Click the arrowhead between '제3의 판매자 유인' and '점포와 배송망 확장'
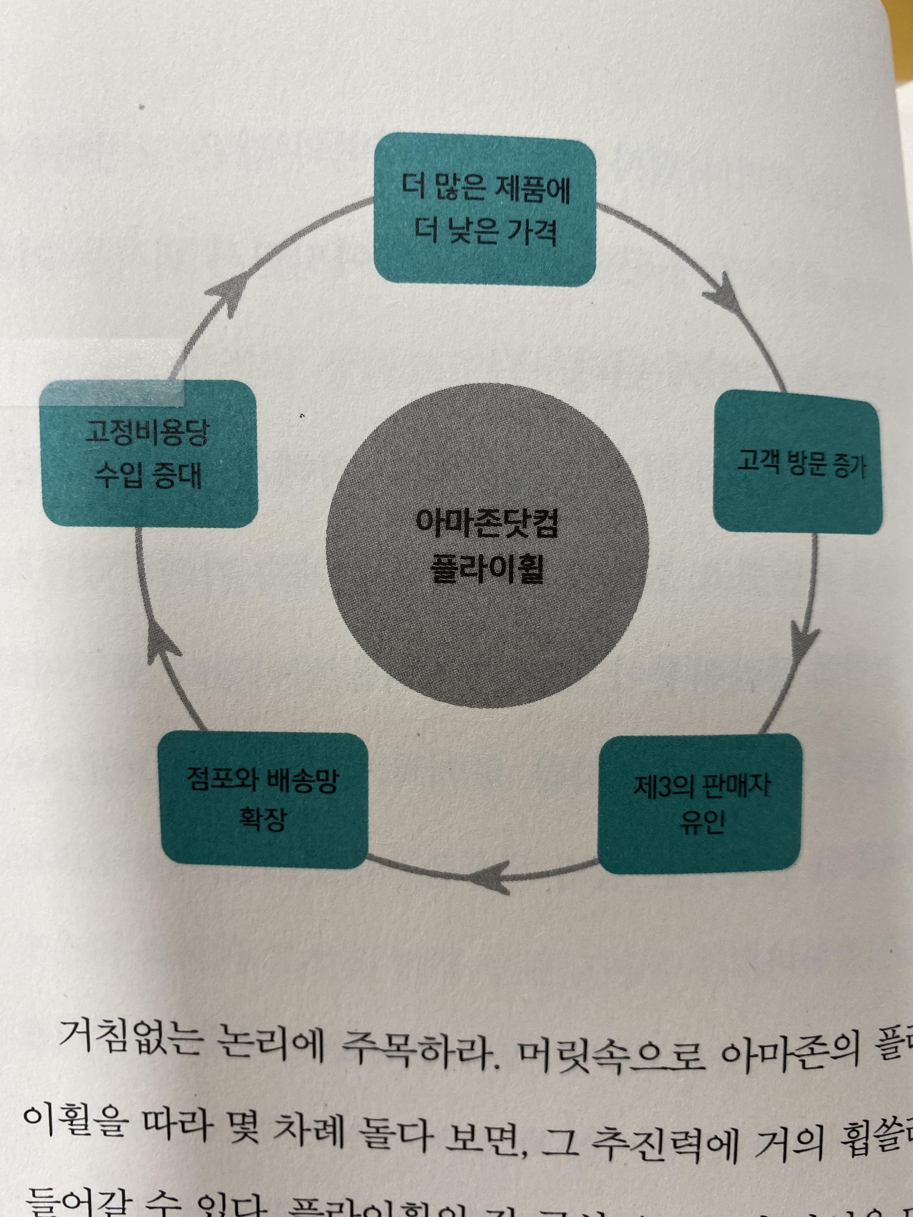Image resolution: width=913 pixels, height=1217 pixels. tap(498, 883)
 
